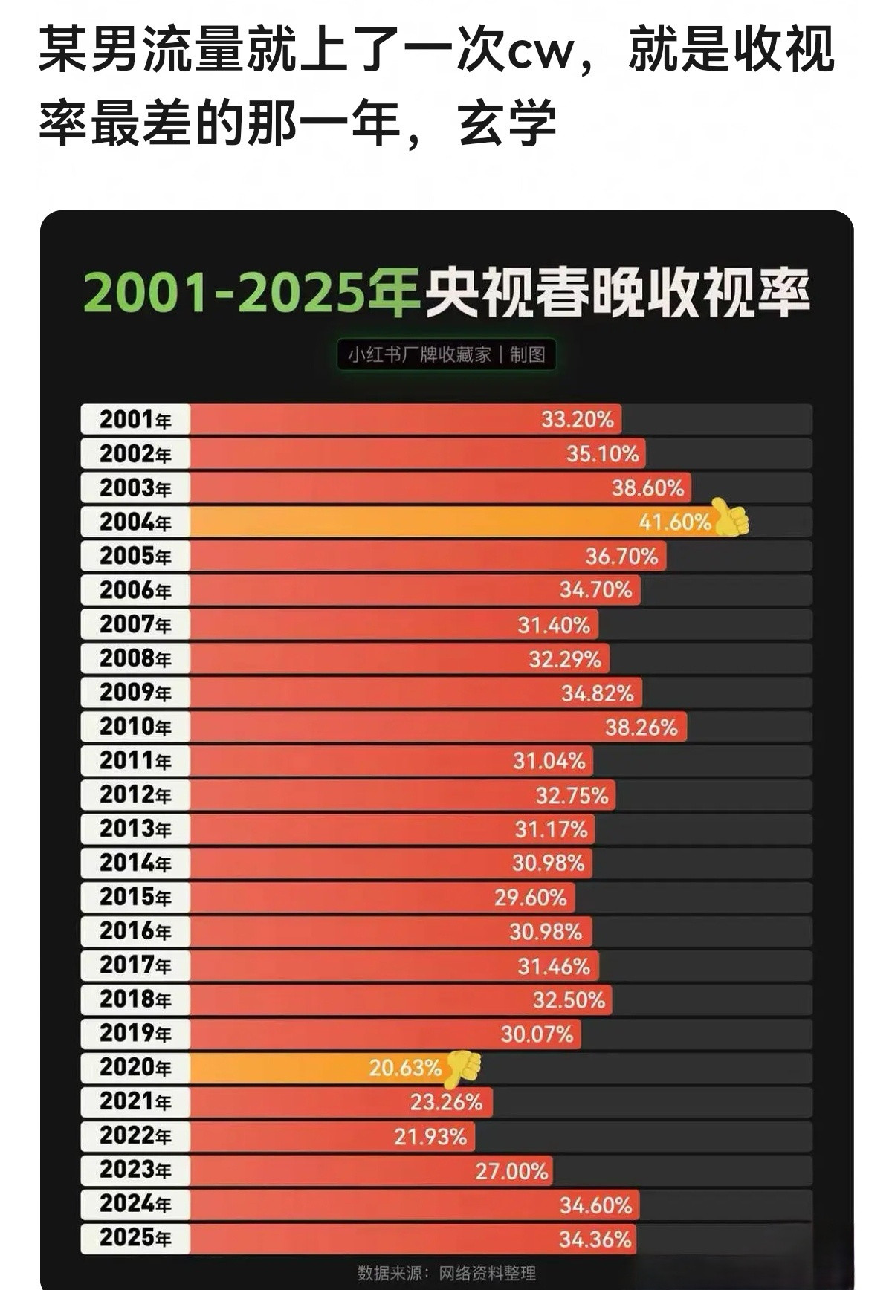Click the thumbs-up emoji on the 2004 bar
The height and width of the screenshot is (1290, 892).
[x=731, y=518]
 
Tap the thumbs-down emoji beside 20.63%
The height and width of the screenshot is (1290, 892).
[x=463, y=1068]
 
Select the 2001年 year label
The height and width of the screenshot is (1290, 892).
[x=135, y=420]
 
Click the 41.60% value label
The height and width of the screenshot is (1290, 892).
[x=674, y=522]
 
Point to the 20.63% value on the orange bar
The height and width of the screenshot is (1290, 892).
[x=405, y=1069]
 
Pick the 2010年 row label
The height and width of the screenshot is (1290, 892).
[x=135, y=727]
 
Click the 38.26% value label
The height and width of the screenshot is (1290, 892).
[x=641, y=727]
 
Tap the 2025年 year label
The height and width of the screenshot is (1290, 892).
[x=135, y=1238]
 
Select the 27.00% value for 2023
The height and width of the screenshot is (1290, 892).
[x=511, y=1172]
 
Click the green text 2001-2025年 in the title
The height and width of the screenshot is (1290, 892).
[x=251, y=294]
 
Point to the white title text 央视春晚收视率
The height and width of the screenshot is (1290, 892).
[x=617, y=294]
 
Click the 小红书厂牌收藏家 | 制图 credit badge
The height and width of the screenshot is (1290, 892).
[x=446, y=354]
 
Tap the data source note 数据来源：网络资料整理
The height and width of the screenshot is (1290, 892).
[x=446, y=1273]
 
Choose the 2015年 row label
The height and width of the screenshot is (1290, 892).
[x=135, y=897]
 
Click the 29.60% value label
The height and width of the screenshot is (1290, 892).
[x=530, y=898]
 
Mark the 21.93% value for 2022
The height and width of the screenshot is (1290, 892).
[x=430, y=1137]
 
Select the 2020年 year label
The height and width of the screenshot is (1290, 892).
[x=135, y=1068]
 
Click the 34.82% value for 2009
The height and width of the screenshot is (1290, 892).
[x=597, y=693]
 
